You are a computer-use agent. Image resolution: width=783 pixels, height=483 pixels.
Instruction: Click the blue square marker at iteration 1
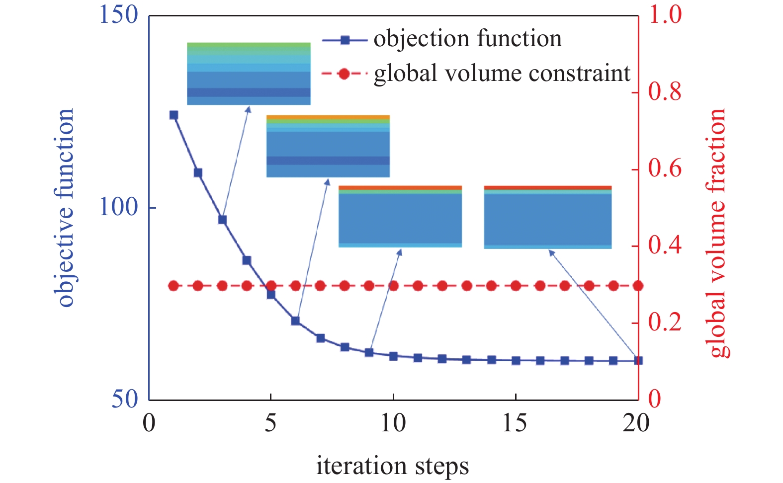pos(174,115)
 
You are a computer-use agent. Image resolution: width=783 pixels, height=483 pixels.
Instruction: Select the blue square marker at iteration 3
pos(222,220)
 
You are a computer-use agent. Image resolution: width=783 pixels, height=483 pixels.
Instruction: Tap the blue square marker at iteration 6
pos(295,321)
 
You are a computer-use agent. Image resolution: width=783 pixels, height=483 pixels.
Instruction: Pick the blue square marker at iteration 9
pos(369,352)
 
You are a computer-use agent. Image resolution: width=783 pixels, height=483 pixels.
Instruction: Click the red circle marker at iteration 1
pos(174,286)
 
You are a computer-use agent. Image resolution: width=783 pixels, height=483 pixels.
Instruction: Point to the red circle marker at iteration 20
pos(638,286)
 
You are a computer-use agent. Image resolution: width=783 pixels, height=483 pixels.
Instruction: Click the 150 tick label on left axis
pos(118,15)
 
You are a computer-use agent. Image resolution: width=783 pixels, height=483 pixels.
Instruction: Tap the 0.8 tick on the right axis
pos(665,92)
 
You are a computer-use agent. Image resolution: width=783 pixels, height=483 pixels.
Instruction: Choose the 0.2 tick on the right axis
pos(665,322)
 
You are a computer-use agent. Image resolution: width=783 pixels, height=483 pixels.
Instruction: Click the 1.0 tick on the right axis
pos(665,15)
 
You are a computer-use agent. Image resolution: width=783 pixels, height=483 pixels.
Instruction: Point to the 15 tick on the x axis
pos(515,423)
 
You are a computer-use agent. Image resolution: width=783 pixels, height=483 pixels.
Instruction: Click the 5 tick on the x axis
pos(271,423)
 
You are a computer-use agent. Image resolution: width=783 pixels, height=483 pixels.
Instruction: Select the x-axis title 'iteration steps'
pos(392,466)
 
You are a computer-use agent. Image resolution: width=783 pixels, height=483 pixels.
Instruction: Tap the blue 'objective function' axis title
pos(66,208)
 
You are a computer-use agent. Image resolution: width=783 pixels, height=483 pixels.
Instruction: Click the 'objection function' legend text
pos(468,39)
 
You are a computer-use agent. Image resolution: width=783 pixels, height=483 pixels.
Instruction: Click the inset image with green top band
pos(249,74)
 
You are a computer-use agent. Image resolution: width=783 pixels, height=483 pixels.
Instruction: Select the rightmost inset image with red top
pos(547,217)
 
